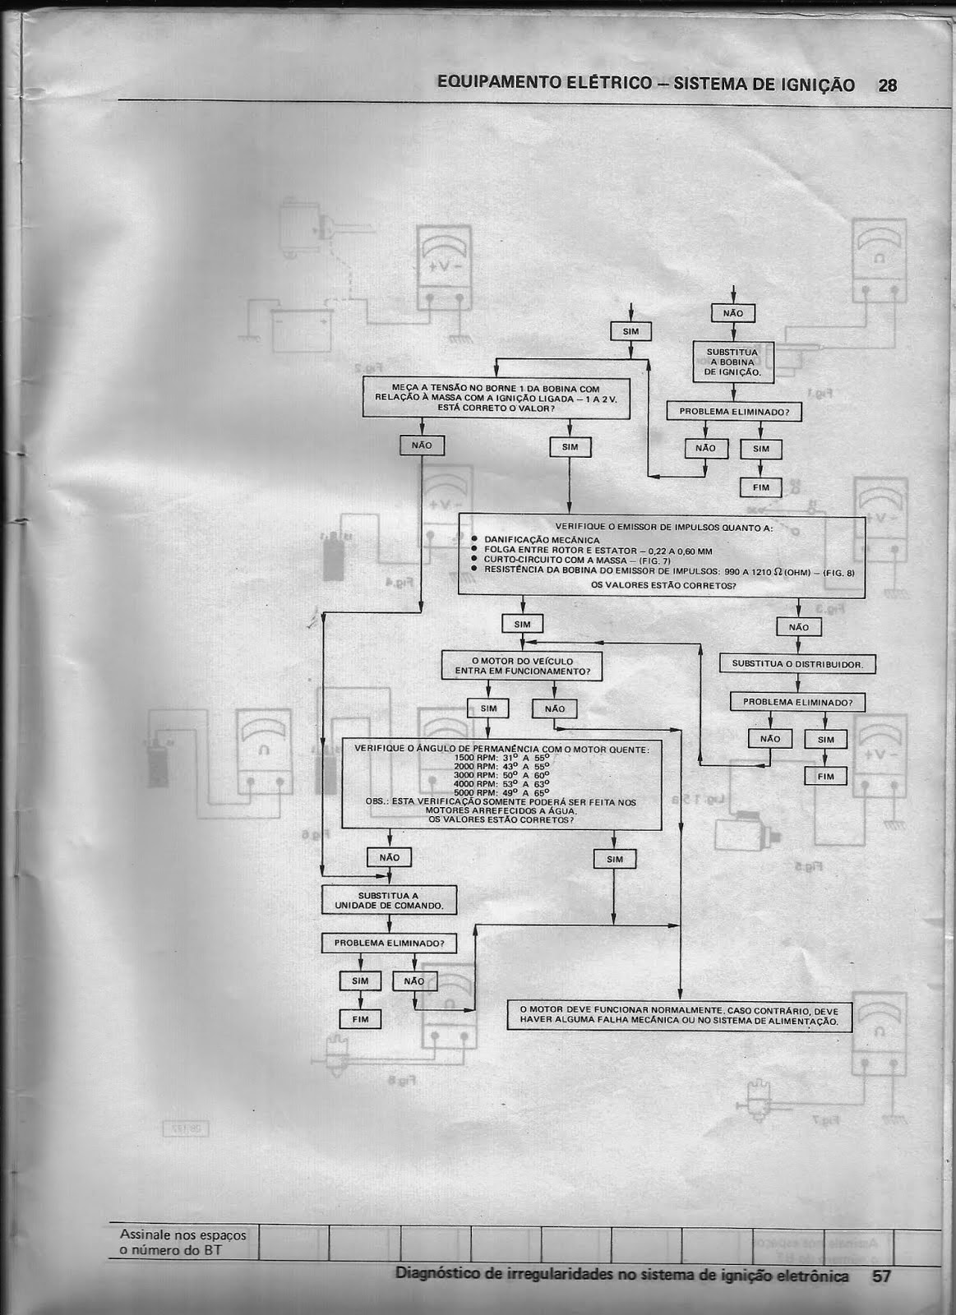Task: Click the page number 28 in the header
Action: [887, 85]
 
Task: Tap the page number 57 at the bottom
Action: [881, 1276]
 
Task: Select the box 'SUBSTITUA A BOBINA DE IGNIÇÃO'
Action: [733, 362]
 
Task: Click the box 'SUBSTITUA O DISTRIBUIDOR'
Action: [797, 664]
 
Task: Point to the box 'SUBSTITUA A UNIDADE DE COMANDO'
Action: [389, 901]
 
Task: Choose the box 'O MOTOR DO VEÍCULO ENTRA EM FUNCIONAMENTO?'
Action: [522, 666]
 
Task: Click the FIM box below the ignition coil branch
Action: [761, 487]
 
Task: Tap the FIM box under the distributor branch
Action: [825, 776]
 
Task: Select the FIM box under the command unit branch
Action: [360, 1019]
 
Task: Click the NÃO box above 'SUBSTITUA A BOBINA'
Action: [732, 313]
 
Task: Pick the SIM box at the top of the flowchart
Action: [630, 331]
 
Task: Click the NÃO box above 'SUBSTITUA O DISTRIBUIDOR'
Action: [798, 627]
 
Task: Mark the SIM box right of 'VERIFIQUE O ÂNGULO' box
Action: [614, 859]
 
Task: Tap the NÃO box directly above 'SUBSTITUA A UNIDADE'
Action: [389, 857]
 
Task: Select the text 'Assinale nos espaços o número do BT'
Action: [182, 1243]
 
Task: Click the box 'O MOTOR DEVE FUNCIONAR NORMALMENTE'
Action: [679, 1016]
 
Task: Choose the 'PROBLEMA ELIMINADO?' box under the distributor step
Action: [797, 703]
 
